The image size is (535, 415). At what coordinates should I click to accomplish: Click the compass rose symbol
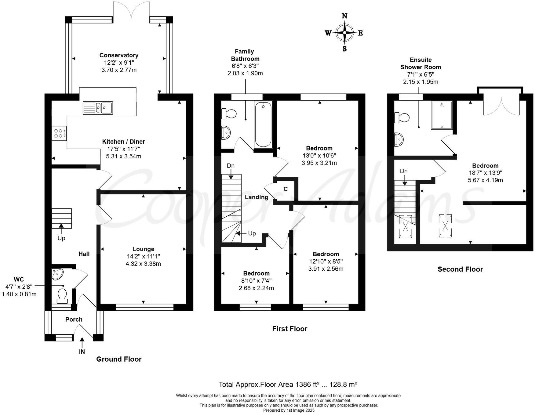pyautogui.click(x=344, y=32)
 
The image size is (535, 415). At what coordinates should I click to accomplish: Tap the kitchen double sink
pyautogui.click(x=98, y=108)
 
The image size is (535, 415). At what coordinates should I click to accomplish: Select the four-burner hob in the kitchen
pyautogui.click(x=60, y=133)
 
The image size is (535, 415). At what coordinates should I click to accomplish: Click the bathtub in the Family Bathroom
pyautogui.click(x=263, y=125)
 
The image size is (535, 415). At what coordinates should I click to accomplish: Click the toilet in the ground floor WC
pyautogui.click(x=62, y=296)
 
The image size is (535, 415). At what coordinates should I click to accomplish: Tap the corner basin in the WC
pyautogui.click(x=57, y=274)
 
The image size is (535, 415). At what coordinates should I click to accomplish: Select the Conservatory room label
pyautogui.click(x=119, y=55)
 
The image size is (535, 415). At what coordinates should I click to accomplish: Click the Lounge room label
pyautogui.click(x=143, y=249)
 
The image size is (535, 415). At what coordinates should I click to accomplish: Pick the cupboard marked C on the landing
pyautogui.click(x=286, y=189)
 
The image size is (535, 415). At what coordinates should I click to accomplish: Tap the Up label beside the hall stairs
pyautogui.click(x=61, y=238)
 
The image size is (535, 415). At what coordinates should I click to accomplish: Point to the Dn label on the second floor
pyautogui.click(x=404, y=171)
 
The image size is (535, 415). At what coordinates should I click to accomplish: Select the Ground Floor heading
pyautogui.click(x=119, y=359)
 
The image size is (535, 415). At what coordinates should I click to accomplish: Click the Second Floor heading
pyautogui.click(x=460, y=269)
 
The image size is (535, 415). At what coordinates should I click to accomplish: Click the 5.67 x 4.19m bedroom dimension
pyautogui.click(x=485, y=180)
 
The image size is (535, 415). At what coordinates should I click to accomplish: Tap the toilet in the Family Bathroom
pyautogui.click(x=229, y=114)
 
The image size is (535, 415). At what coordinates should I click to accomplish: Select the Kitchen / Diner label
pyautogui.click(x=123, y=142)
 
